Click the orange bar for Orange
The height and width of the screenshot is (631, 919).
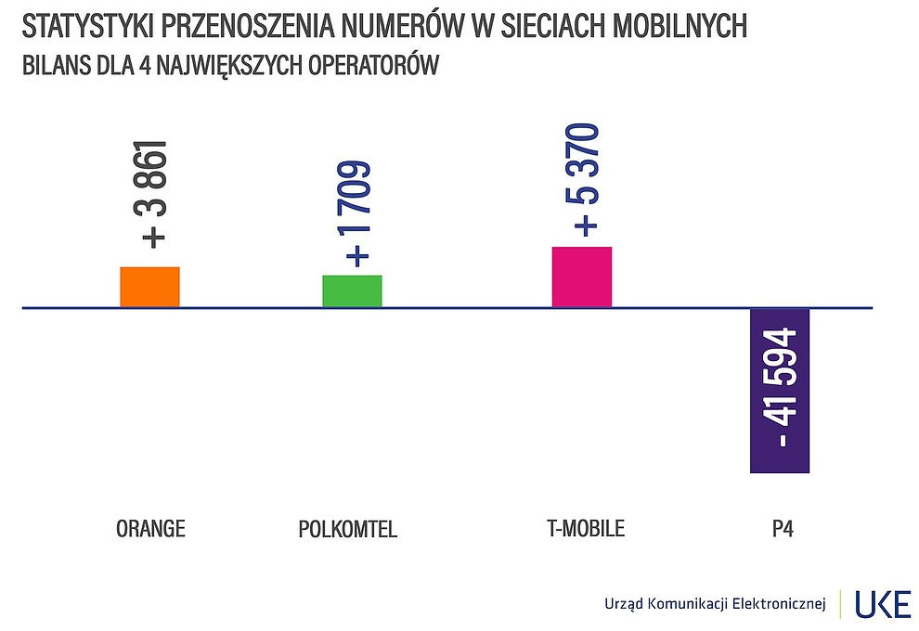click(x=149, y=287)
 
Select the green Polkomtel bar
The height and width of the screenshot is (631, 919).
click(x=352, y=290)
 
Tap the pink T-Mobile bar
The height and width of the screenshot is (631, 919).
click(x=581, y=277)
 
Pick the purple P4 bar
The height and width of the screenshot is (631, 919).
click(x=780, y=390)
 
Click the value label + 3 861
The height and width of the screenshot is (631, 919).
click(x=153, y=194)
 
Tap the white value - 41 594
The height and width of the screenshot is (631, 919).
click(x=782, y=390)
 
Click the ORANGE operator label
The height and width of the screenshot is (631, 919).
click(x=150, y=529)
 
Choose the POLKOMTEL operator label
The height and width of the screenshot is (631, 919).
click(x=348, y=529)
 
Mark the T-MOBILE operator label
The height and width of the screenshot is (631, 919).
click(x=586, y=528)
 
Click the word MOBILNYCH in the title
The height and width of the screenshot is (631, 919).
click(x=680, y=26)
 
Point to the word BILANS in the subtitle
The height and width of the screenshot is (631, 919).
click(x=49, y=67)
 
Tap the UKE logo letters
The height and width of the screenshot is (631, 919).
click(x=883, y=604)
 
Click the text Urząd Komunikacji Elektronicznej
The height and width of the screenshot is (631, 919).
click(x=714, y=605)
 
